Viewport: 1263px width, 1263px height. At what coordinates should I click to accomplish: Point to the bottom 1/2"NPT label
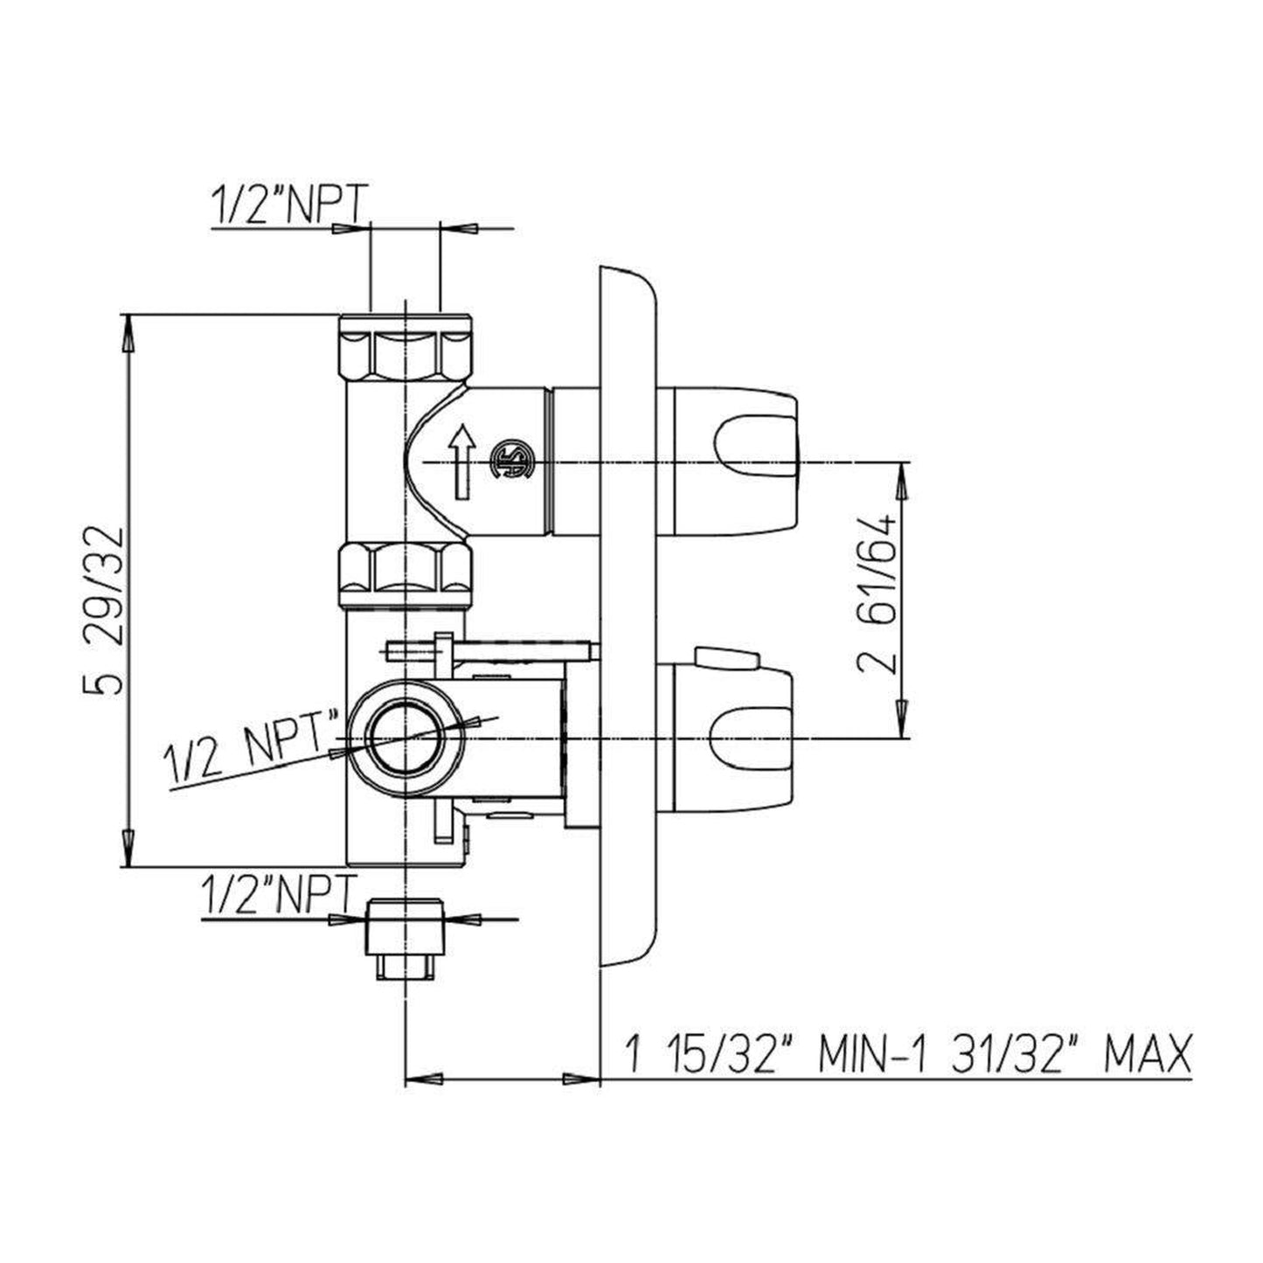pos(277,896)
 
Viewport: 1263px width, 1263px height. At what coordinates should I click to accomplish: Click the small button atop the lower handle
pos(721,657)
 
